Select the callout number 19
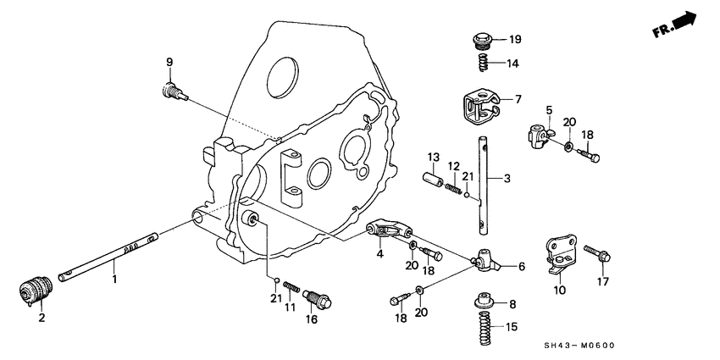(514, 40)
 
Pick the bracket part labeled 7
(481, 105)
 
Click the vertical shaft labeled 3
(482, 186)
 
